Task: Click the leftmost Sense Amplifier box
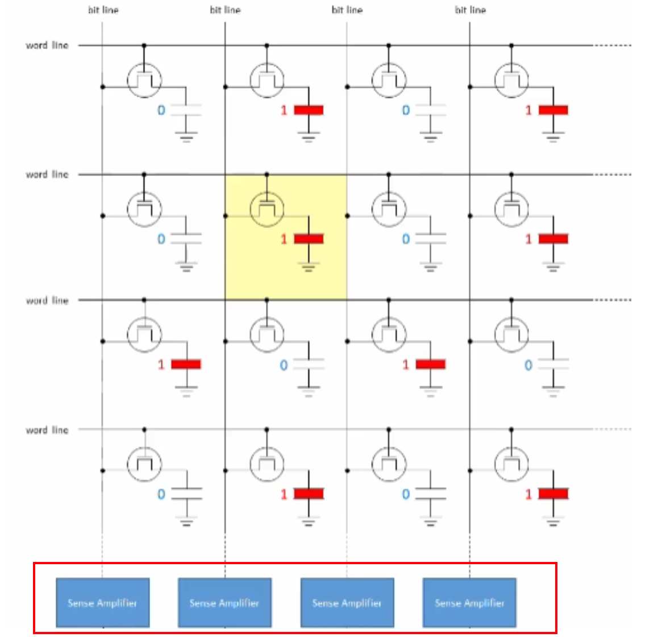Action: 102,602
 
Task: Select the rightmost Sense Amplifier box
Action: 469,602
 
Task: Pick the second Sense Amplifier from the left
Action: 224,602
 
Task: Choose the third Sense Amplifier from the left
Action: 347,602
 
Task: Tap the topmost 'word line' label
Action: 47,45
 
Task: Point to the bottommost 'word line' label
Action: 47,430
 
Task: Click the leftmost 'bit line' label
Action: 103,10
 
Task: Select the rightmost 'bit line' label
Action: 470,10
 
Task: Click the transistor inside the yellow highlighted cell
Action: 267,209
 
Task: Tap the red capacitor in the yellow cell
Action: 309,239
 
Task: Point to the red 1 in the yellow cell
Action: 284,239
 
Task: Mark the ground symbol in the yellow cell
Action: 309,266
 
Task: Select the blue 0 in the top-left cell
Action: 161,110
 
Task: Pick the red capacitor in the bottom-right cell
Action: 553,494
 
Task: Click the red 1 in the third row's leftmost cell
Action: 161,364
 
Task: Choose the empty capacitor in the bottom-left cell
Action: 186,494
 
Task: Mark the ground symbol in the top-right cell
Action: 553,136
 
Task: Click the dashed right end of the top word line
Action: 612,45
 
